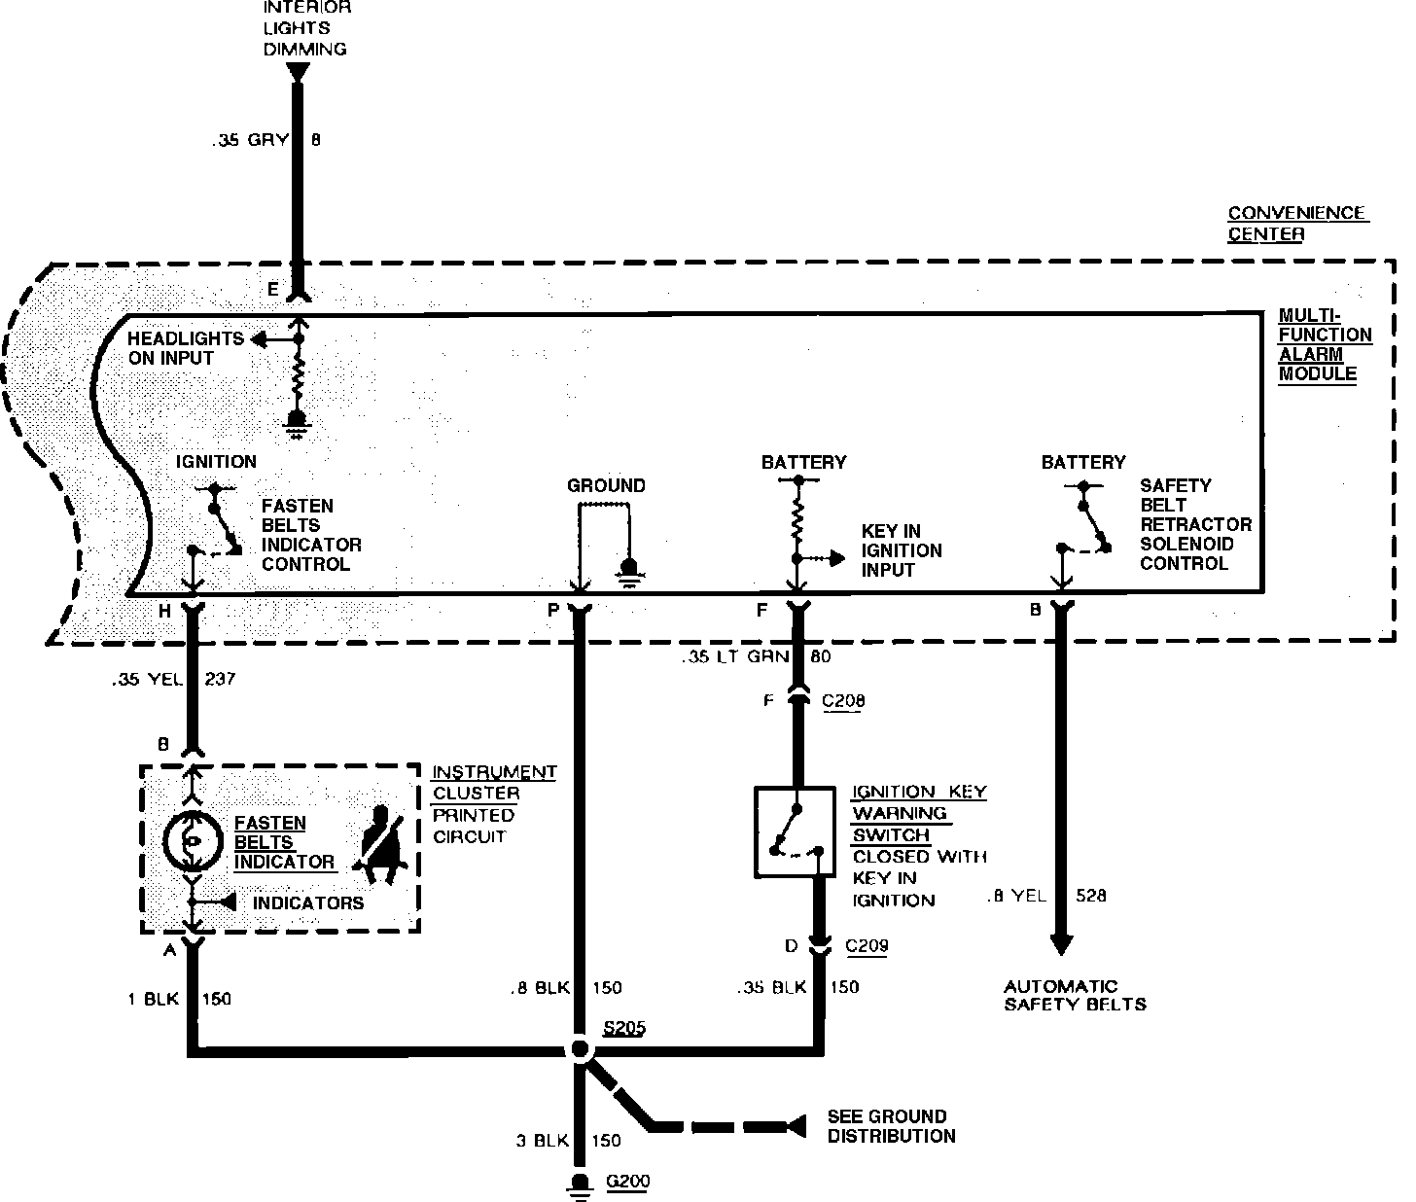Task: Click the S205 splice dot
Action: (x=580, y=1050)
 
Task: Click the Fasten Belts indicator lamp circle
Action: (x=193, y=841)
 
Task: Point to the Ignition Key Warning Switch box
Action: (x=794, y=831)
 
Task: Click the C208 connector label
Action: (x=842, y=700)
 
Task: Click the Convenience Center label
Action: (x=1296, y=224)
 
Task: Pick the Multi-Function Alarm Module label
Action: (x=1324, y=345)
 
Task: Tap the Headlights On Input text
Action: (x=185, y=348)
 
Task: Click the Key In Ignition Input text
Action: (x=901, y=550)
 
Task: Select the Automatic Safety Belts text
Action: (x=1074, y=995)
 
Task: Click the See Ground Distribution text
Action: (x=890, y=1126)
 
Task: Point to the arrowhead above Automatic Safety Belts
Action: (x=1061, y=943)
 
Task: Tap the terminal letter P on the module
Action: (x=552, y=610)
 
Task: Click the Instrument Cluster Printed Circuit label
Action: (x=493, y=804)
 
